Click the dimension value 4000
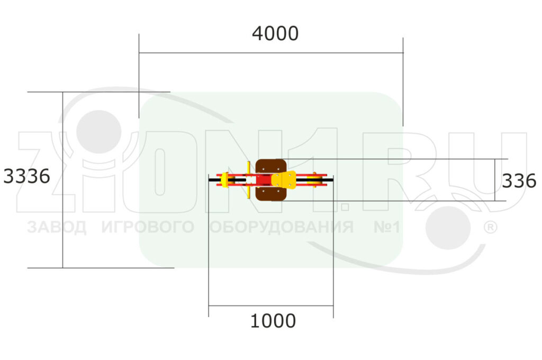point(275,34)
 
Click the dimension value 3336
point(26,176)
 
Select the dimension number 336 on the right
point(519,181)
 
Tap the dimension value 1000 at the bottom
point(273,321)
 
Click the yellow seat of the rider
point(284,180)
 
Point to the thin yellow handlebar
point(249,180)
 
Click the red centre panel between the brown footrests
point(264,180)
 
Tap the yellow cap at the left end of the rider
point(224,179)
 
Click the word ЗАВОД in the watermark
point(56,227)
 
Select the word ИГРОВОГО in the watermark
point(148,227)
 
